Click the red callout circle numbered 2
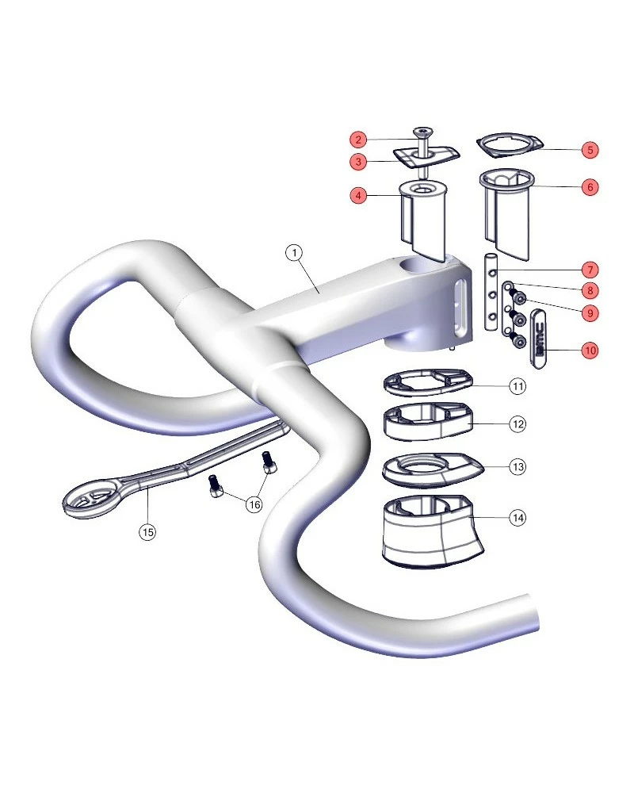pos(358,140)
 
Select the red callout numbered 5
pos(590,150)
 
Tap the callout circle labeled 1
pos(294,252)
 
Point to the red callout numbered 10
pos(590,350)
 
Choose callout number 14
pos(518,517)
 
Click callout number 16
pos(254,504)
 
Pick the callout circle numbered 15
pos(147,531)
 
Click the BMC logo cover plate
pos(538,338)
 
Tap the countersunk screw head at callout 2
pos(423,132)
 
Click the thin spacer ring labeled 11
pos(428,381)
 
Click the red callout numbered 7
pos(590,270)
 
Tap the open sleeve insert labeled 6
pos(507,213)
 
